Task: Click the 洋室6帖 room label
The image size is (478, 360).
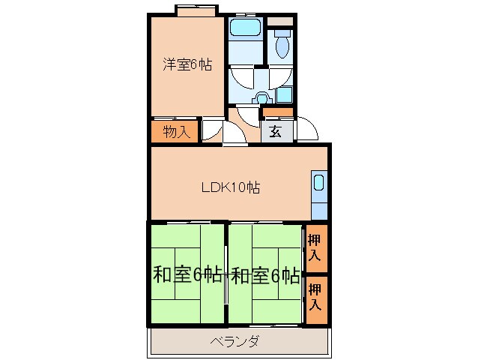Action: (187, 64)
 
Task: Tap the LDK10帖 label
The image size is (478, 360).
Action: (230, 188)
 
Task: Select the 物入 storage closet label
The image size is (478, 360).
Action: (175, 132)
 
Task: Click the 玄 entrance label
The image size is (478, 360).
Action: (276, 132)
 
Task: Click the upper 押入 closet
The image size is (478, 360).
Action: (316, 248)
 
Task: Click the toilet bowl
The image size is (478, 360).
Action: (282, 46)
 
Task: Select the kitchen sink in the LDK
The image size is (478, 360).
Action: (318, 184)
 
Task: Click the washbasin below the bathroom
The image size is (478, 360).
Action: (261, 97)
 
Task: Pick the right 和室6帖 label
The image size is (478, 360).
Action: (265, 275)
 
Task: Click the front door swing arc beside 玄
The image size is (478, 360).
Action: (307, 130)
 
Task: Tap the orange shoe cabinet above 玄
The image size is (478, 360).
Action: (278, 112)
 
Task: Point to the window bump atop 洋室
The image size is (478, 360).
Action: (197, 10)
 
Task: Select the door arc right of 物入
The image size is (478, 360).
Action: (211, 130)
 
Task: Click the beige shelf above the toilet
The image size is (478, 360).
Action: (282, 21)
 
